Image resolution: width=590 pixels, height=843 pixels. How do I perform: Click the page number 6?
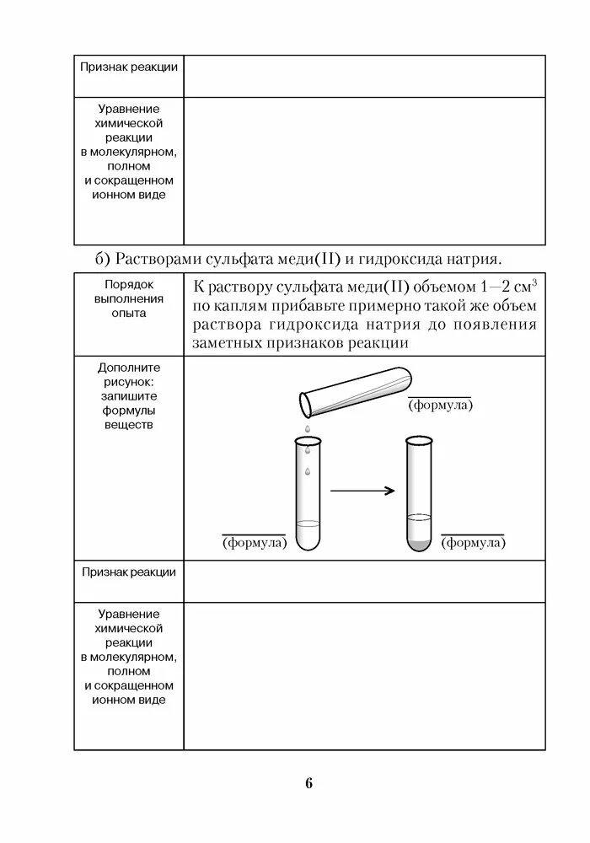tap(308, 783)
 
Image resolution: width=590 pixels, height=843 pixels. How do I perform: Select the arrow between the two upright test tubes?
tap(362, 491)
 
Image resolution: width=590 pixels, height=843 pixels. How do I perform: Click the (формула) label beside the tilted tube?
tap(440, 405)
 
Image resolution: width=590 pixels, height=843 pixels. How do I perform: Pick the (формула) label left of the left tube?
tap(255, 543)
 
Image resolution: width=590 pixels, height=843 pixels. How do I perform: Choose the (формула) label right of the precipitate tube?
tap(474, 543)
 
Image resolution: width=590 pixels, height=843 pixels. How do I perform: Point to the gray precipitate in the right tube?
tap(419, 542)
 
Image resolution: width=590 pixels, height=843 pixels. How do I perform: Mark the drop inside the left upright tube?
tap(308, 470)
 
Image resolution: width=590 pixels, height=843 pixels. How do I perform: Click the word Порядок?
tap(129, 284)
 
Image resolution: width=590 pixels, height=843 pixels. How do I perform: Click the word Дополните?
tap(129, 368)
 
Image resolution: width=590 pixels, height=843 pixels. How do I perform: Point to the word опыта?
tap(129, 313)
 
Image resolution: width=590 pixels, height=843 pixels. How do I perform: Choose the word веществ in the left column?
tap(129, 425)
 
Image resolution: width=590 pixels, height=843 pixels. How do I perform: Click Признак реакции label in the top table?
tap(129, 67)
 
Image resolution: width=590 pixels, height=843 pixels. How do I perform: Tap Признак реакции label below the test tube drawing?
tap(129, 572)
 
